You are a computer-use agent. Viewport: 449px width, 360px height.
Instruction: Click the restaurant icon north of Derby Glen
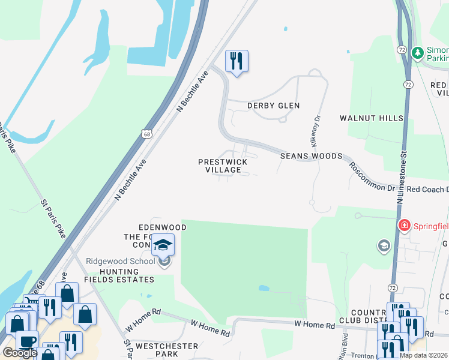(x=237, y=61)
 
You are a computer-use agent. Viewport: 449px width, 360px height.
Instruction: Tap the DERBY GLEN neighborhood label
(x=273, y=106)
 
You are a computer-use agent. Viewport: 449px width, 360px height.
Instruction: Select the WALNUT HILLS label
(x=372, y=118)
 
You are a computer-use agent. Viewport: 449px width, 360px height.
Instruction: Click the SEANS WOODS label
(x=311, y=156)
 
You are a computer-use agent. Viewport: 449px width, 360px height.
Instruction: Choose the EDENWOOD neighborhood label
(x=163, y=227)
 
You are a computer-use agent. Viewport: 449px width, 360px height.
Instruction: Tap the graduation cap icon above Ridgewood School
(x=163, y=245)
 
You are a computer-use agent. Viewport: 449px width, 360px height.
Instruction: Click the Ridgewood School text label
(x=120, y=261)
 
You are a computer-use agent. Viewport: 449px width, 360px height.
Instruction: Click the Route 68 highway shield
(x=146, y=134)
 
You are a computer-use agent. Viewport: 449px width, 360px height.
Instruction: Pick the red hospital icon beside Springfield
(x=405, y=226)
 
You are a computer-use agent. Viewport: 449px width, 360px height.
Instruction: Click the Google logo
(x=20, y=353)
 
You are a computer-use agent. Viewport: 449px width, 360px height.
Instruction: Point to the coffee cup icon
(x=26, y=341)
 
